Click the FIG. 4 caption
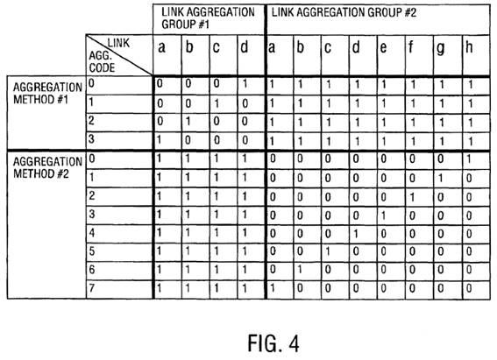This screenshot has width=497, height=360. tap(273, 343)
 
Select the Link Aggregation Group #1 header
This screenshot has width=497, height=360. tap(208, 18)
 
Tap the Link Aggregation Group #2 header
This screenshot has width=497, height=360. tap(344, 12)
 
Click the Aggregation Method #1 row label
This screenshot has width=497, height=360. tap(47, 93)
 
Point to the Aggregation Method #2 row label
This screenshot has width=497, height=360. tap(47, 167)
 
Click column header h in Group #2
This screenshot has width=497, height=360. tap(469, 47)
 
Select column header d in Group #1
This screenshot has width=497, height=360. tap(244, 47)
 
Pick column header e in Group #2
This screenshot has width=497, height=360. tap(383, 48)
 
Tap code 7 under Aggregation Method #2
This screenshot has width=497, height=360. tap(92, 288)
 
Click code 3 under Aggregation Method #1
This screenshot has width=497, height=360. tap(92, 138)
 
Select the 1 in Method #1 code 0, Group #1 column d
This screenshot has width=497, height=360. tap(245, 84)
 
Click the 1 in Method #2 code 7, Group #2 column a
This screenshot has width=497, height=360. tap(272, 288)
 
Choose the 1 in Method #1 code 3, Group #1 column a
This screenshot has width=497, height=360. tap(160, 140)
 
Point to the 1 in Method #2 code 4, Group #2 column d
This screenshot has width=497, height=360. tap(356, 234)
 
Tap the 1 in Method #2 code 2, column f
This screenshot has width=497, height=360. tap(412, 197)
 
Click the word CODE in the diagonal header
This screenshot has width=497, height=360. tap(102, 67)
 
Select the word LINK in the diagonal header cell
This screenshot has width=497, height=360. tap(118, 43)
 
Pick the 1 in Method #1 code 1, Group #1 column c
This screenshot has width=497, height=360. tap(217, 103)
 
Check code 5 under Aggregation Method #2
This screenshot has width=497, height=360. tap(92, 251)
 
